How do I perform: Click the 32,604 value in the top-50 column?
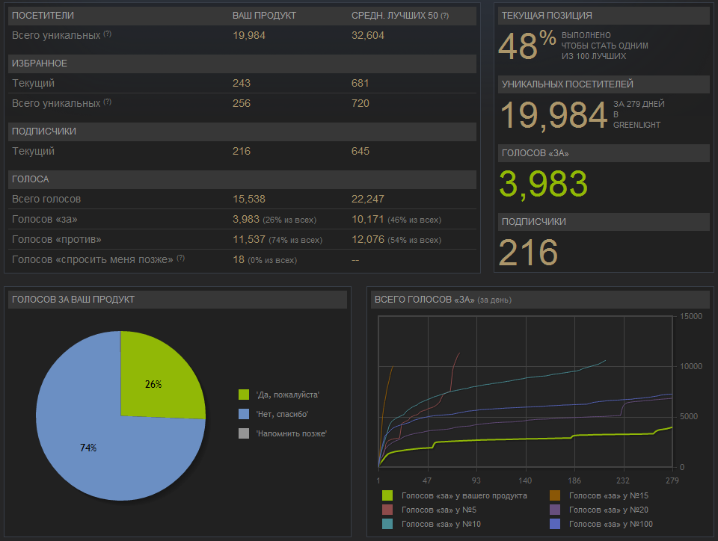pyautogui.click(x=369, y=35)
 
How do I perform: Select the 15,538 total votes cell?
pyautogui.click(x=249, y=199)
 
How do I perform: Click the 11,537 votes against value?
pyautogui.click(x=249, y=239)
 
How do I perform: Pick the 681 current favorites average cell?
pyautogui.click(x=360, y=83)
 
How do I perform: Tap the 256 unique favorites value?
pyautogui.click(x=242, y=103)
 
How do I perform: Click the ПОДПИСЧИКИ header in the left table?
pyautogui.click(x=44, y=132)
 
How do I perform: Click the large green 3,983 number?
pyautogui.click(x=543, y=184)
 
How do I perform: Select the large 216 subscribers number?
pyautogui.click(x=528, y=253)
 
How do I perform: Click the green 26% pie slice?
pyautogui.click(x=159, y=380)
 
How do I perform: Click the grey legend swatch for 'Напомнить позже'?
pyautogui.click(x=243, y=433)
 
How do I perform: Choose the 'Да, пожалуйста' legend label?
pyautogui.click(x=287, y=395)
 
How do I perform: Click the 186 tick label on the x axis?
pyautogui.click(x=574, y=480)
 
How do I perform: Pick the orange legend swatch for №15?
pyautogui.click(x=555, y=495)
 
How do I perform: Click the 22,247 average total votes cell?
pyautogui.click(x=369, y=199)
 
